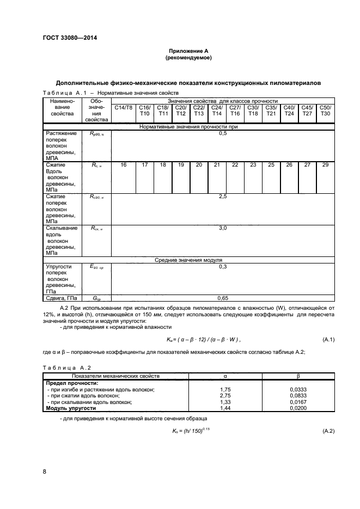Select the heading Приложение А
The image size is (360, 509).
[188, 51]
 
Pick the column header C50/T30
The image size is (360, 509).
[325, 111]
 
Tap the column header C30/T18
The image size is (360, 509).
[253, 111]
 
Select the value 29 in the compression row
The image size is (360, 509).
[325, 164]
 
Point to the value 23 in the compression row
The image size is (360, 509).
[253, 164]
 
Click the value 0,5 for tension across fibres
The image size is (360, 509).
[222, 133]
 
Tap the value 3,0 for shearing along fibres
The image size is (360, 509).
[222, 228]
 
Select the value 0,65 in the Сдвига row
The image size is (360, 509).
[222, 298]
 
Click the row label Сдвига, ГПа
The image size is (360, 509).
[61, 298]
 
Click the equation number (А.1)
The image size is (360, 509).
[328, 340]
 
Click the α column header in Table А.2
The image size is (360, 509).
[225, 376]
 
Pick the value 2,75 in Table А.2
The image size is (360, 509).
[225, 395]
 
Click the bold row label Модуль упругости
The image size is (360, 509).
[71, 408]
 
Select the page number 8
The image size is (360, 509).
[44, 471]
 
